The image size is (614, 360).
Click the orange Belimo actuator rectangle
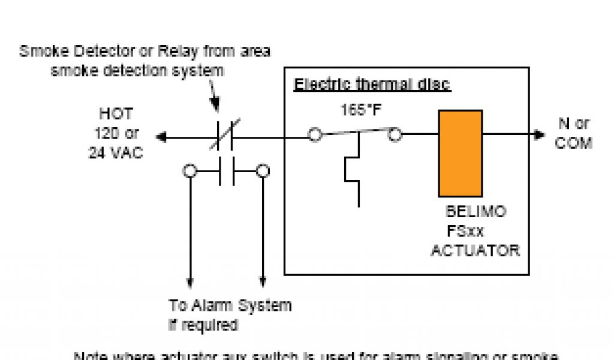pyautogui.click(x=460, y=153)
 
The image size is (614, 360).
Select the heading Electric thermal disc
pyautogui.click(x=372, y=85)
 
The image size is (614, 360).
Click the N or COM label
pyautogui.click(x=574, y=134)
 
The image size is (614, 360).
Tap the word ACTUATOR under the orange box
pyautogui.click(x=475, y=250)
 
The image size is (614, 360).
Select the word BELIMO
pyautogui.click(x=475, y=212)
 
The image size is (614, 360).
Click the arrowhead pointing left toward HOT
pyautogui.click(x=161, y=137)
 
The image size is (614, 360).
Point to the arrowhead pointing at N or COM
pyautogui.click(x=539, y=134)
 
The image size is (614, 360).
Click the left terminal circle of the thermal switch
pyautogui.click(x=315, y=135)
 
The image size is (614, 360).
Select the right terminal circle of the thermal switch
pyautogui.click(x=395, y=135)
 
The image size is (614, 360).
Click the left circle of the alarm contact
pyautogui.click(x=189, y=172)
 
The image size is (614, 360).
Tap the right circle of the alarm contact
pyautogui.click(x=263, y=172)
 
